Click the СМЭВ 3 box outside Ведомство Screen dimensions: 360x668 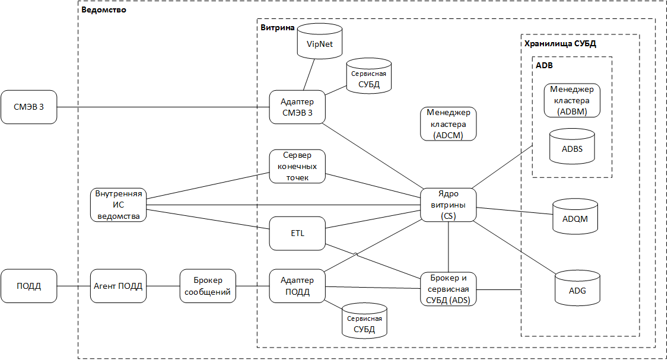tap(29, 107)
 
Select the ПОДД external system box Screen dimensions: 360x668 tap(29, 286)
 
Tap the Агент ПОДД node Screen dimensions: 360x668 tap(119, 286)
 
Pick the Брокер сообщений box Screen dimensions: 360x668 tap(208, 286)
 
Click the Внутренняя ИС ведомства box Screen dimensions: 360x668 tap(119, 205)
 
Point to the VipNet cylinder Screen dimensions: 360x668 tap(320, 41)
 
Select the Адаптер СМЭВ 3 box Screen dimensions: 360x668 tap(297, 107)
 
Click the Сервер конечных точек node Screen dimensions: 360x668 tap(297, 167)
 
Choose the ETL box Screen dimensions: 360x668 tap(297, 233)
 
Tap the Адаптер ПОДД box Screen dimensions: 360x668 tap(297, 286)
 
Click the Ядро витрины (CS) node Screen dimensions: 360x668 tap(448, 205)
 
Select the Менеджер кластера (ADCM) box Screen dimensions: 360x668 tap(448, 124)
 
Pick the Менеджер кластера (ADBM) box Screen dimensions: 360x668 tap(572, 100)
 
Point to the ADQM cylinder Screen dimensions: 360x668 tap(575, 217)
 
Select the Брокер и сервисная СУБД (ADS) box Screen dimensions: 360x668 tap(448, 289)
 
